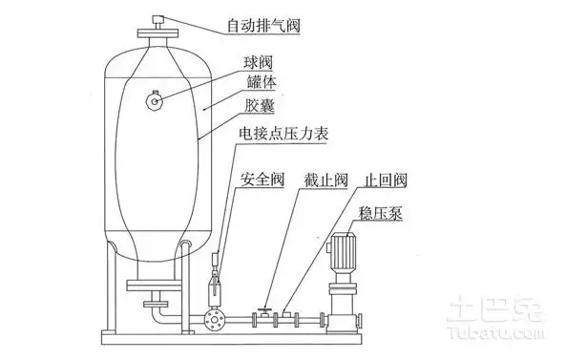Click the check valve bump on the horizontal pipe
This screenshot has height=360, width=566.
(x=289, y=313)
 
